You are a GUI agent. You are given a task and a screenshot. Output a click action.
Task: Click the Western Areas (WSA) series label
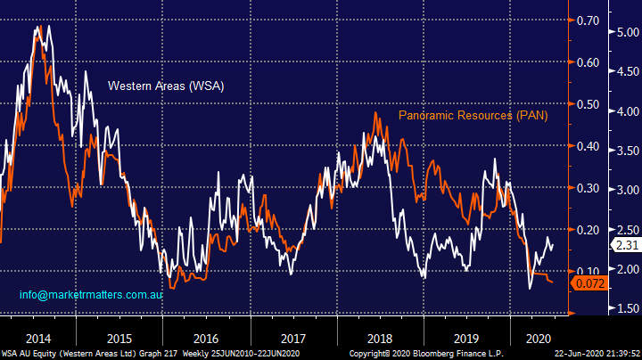pyautogui.click(x=165, y=86)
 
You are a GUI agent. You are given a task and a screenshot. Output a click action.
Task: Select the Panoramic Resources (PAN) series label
pyautogui.click(x=473, y=116)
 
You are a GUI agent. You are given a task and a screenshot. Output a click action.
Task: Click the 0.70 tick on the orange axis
pyautogui.click(x=586, y=20)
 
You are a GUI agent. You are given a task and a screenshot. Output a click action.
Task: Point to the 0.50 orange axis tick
pyautogui.click(x=586, y=104)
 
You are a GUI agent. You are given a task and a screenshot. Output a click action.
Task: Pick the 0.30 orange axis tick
pyautogui.click(x=586, y=188)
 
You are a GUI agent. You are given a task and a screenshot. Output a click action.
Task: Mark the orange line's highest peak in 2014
pyautogui.click(x=37, y=27)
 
